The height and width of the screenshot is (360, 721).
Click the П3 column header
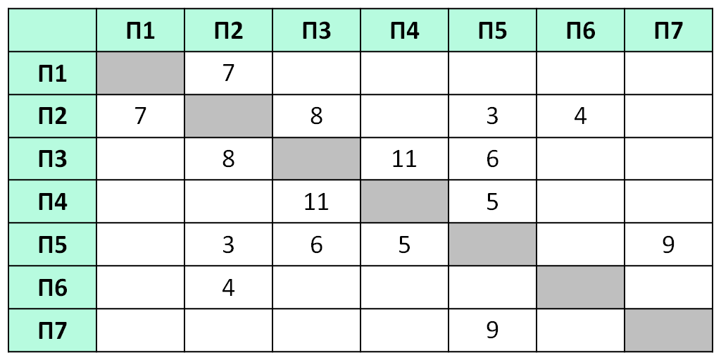coord(316,30)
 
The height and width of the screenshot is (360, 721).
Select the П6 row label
coord(52,287)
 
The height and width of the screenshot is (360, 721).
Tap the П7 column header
coord(668,30)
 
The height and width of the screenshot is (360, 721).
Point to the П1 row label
coord(52,73)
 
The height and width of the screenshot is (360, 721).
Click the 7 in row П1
coord(229,73)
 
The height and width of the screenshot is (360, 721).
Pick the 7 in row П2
coord(140,116)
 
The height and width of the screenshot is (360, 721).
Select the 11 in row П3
coord(404,159)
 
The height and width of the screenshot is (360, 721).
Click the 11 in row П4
coord(316,201)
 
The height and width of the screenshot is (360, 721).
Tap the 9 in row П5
coord(668,244)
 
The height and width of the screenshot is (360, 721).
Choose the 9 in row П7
coord(492,330)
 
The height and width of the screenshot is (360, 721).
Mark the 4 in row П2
coord(580,116)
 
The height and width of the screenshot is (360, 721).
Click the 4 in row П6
coord(229,287)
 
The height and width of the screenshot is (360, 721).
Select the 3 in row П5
coord(229,244)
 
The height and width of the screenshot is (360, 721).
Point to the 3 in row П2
coord(492,116)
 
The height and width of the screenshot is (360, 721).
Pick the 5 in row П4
coord(492,201)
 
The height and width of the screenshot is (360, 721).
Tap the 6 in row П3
coord(492,159)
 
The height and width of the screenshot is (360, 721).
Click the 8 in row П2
coord(316,116)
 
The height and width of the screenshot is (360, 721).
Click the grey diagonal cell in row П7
coord(668,330)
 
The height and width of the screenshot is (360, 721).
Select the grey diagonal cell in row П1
coord(140,73)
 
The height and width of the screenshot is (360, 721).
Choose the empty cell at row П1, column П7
coord(668,73)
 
